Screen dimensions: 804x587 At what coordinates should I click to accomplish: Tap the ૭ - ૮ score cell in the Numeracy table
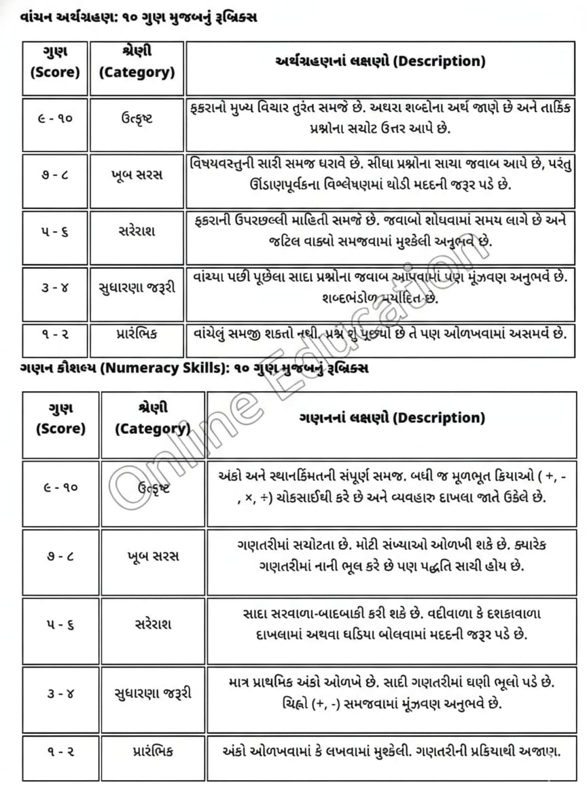coord(61,556)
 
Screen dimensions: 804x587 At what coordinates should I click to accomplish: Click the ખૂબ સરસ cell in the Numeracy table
coord(153,556)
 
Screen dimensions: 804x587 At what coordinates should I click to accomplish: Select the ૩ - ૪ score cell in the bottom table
coord(61,693)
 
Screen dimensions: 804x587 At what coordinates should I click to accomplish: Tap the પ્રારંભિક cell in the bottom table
coord(153,751)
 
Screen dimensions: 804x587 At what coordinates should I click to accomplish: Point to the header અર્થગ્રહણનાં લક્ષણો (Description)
coord(380,61)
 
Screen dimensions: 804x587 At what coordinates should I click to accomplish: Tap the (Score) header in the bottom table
coord(61,429)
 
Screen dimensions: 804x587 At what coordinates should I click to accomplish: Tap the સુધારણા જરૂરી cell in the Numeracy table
coord(153,693)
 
